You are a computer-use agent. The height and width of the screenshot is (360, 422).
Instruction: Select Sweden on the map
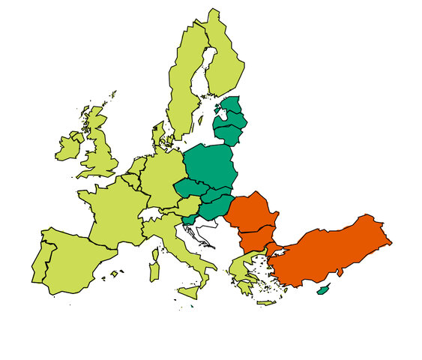pos(184,82)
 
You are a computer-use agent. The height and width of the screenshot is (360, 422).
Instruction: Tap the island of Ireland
pos(69,147)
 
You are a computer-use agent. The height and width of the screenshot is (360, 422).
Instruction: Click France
pos(112,210)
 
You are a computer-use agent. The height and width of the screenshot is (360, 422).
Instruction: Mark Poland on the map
pos(210,165)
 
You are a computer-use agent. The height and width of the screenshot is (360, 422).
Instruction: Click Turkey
pos(330,247)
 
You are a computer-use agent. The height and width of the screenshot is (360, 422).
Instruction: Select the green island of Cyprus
pos(323,289)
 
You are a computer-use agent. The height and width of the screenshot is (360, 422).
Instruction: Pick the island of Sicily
pos(188,291)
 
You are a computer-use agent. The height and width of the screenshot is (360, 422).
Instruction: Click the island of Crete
pos(267,303)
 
